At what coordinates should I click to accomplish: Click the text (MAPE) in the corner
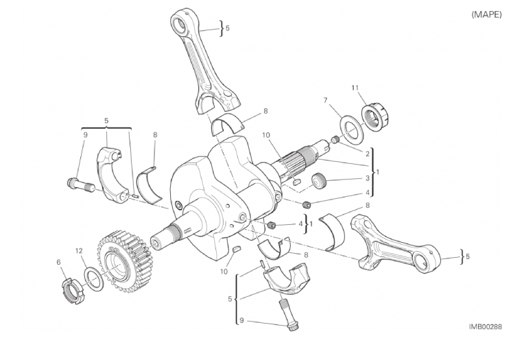coord(486,14)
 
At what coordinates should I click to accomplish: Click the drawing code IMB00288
coord(485,326)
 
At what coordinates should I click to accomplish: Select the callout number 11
coord(355,88)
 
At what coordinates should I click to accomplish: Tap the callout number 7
coord(326,100)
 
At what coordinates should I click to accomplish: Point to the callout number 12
coord(79,251)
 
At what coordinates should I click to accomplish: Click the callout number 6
coord(59,263)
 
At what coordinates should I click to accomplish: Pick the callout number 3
coord(367,178)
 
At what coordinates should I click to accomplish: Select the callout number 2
coord(367,154)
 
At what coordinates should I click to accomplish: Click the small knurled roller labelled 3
coord(320,182)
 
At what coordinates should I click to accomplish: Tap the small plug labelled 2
coord(335,139)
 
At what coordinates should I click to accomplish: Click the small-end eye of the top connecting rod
coord(180,24)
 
